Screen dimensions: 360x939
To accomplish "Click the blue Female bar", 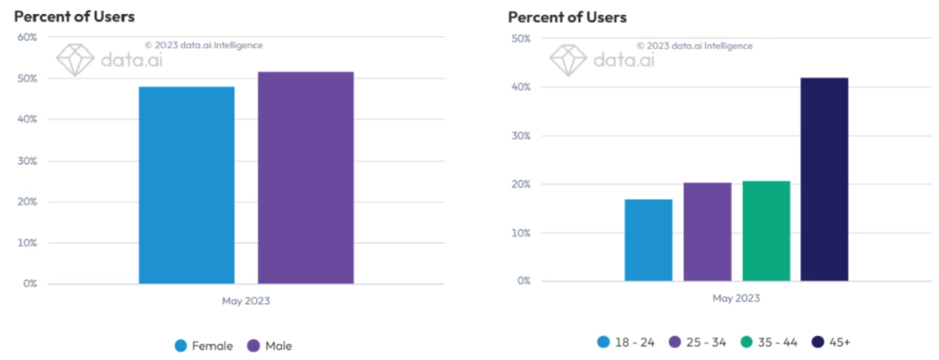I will click(186, 184).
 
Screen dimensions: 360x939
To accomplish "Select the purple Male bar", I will click(305, 177).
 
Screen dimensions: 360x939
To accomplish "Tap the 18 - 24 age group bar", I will click(648, 240).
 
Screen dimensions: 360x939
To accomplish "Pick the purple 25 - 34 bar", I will click(707, 231).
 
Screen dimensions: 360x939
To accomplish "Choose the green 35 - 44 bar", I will click(766, 230).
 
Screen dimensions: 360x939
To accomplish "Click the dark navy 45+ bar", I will click(824, 179).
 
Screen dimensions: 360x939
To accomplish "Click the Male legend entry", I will click(270, 345).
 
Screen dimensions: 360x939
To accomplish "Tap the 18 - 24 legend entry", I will click(627, 342).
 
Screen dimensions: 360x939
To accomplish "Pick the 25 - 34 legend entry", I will click(697, 342).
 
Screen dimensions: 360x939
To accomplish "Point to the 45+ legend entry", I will click(833, 342).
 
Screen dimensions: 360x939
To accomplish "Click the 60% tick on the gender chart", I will click(26, 37).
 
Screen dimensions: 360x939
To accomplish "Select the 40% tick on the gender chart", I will click(26, 119).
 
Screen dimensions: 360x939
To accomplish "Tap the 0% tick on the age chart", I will click(523, 282).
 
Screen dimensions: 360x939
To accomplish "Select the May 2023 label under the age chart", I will click(736, 298).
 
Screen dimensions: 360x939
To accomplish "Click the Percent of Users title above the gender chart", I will click(75, 17).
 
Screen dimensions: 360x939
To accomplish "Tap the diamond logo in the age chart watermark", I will click(567, 59).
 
